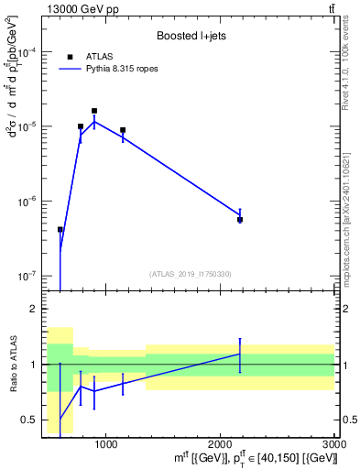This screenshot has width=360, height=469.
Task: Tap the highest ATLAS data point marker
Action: point(94,111)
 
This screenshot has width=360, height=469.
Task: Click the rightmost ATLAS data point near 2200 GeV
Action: point(240,220)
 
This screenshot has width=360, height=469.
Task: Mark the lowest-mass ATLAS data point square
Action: point(60,230)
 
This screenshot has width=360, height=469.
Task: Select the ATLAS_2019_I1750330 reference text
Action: point(191,274)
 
